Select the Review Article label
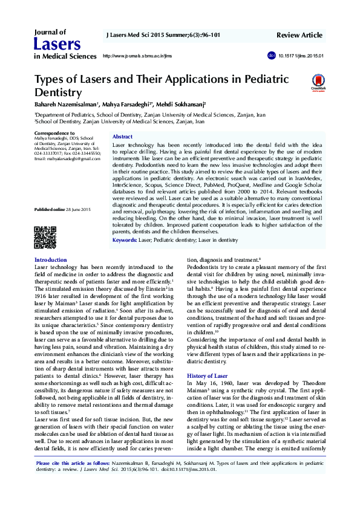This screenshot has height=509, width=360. pos(300,36)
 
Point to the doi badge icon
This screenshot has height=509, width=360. pos(270,56)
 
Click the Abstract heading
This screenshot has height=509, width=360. pos(123,137)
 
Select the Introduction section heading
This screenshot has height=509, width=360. pos(51,260)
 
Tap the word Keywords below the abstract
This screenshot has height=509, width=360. pos(125,240)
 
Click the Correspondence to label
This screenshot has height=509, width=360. pos(54,133)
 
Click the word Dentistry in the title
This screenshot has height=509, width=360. pos(58,92)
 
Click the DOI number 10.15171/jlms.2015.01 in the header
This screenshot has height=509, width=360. pos(301,56)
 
